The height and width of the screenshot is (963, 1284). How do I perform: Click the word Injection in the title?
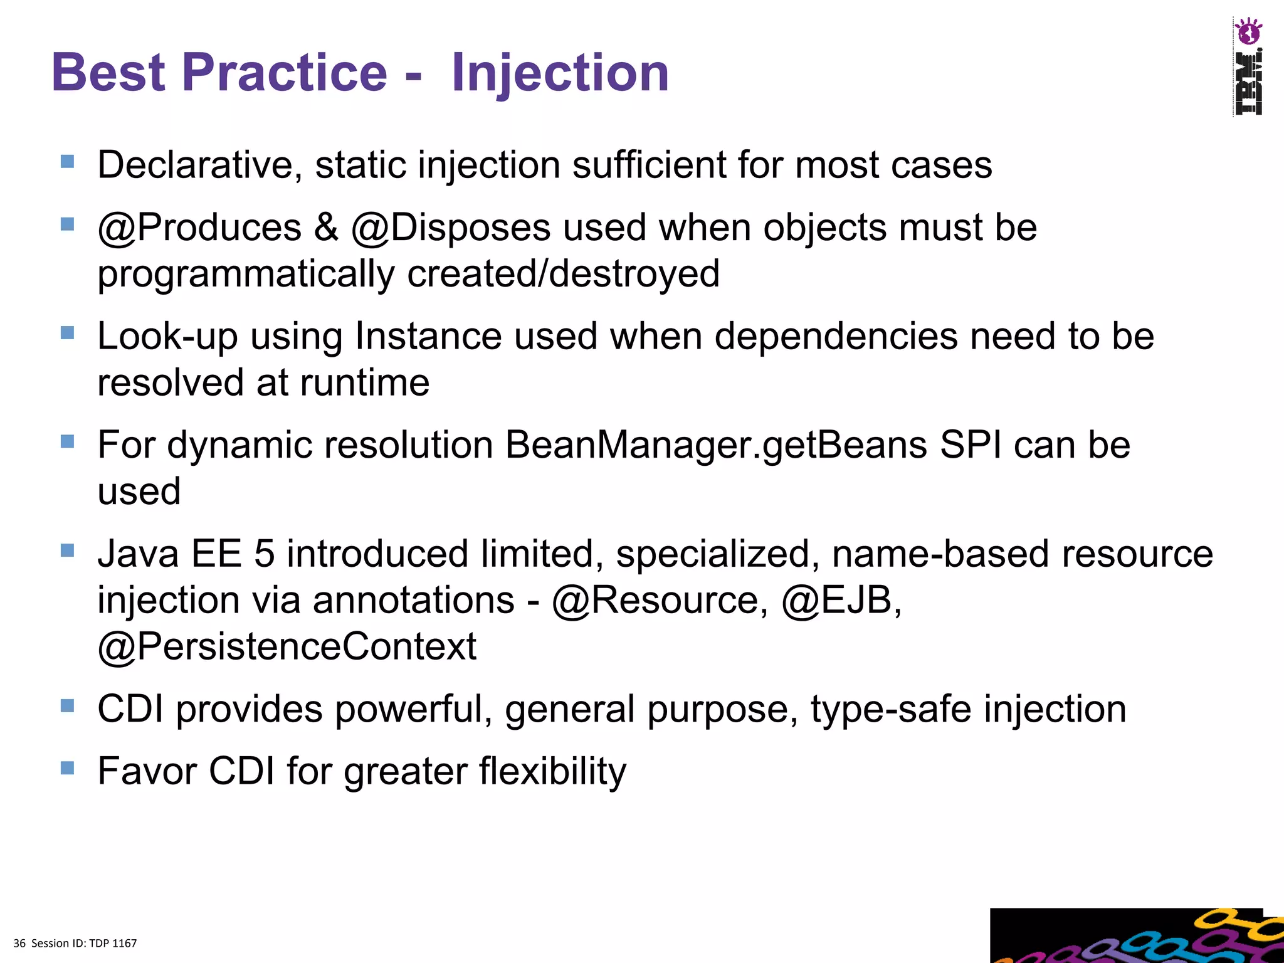click(x=560, y=73)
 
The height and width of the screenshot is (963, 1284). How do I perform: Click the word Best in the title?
click(x=108, y=73)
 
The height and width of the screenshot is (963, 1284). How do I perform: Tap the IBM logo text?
click(x=1248, y=83)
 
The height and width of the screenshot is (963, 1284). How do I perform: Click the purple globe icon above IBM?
click(x=1248, y=32)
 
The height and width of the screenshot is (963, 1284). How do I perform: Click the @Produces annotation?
click(x=199, y=227)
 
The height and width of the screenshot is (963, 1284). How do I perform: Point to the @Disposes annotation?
click(x=451, y=227)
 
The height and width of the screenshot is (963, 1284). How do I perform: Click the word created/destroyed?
click(x=562, y=274)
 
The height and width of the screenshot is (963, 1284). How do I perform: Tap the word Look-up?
click(x=167, y=336)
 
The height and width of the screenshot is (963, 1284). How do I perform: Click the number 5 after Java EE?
click(x=264, y=554)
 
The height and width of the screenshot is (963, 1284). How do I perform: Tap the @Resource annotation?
click(x=660, y=601)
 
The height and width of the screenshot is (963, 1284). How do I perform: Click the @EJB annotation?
click(x=841, y=601)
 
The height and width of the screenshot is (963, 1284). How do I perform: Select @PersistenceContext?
click(x=287, y=646)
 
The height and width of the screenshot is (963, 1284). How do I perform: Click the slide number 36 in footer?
click(x=19, y=944)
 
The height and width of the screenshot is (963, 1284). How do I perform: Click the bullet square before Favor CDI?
click(x=68, y=767)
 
